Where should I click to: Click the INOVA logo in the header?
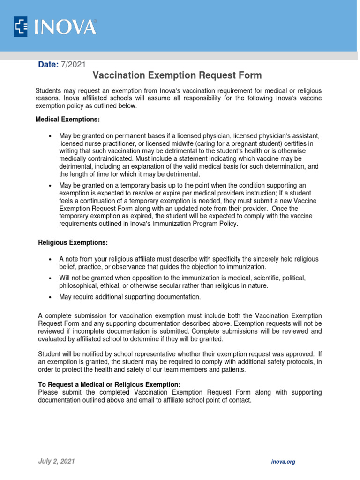point(55,26)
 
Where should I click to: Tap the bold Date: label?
point(48,65)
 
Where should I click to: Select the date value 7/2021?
point(73,65)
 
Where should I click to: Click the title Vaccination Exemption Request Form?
point(177,75)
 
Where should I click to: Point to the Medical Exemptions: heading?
point(68,120)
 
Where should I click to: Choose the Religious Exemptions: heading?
point(73,243)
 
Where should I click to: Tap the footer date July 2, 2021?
point(56,461)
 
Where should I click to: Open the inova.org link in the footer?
point(283,462)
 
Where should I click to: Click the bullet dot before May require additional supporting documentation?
point(50,297)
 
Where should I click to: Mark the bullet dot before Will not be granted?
point(50,278)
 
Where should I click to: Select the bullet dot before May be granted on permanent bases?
point(50,136)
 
